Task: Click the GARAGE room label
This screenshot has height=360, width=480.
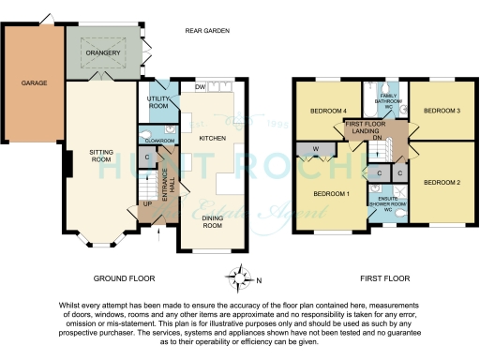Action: pos(35,83)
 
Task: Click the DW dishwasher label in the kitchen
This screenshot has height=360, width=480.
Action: pos(200,87)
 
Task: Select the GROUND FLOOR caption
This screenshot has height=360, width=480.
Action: pos(125,278)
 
